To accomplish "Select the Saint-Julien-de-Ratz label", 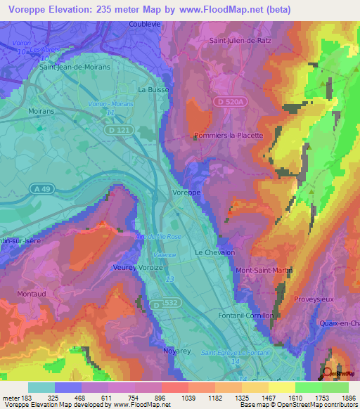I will [x=240, y=41].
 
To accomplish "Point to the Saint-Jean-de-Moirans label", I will [x=76, y=67].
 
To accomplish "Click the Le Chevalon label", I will [x=214, y=252].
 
